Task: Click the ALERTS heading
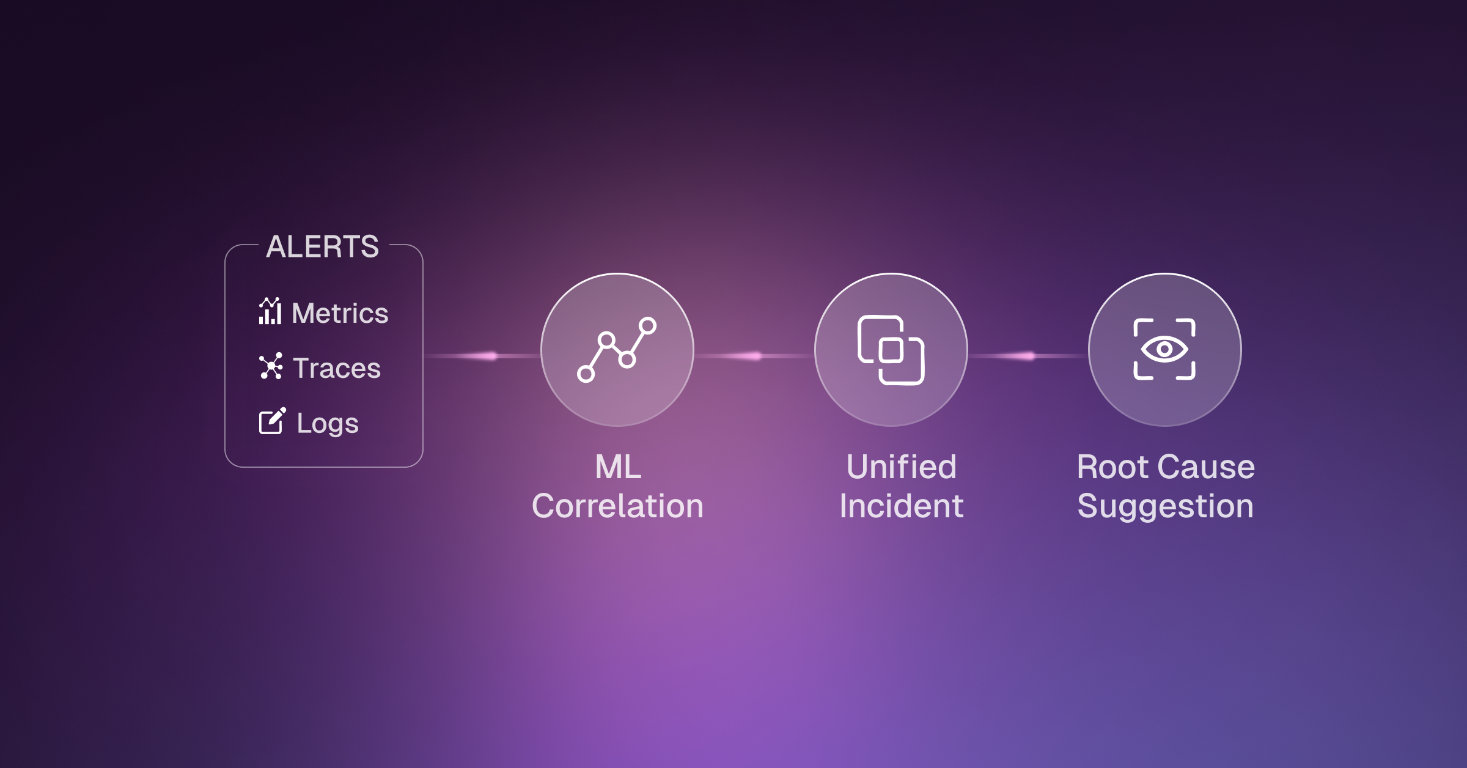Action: [x=323, y=247]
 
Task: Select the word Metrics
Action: [x=340, y=314]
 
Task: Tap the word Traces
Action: [x=337, y=368]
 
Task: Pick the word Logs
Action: [x=328, y=423]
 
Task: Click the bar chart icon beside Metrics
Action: [x=270, y=311]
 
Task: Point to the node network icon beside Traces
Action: [x=271, y=366]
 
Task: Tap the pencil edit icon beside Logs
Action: [x=272, y=421]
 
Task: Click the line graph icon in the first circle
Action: [x=617, y=350]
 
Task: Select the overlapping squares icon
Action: [x=891, y=350]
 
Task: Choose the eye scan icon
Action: [x=1164, y=350]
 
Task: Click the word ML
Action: [x=618, y=467]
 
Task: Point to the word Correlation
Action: [x=617, y=506]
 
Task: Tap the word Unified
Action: [x=902, y=467]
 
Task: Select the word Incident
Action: [x=902, y=506]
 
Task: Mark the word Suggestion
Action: [x=1166, y=506]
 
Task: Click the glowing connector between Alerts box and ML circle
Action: [x=482, y=356]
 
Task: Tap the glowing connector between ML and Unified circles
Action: [x=754, y=356]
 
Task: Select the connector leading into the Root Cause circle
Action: [x=1028, y=356]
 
